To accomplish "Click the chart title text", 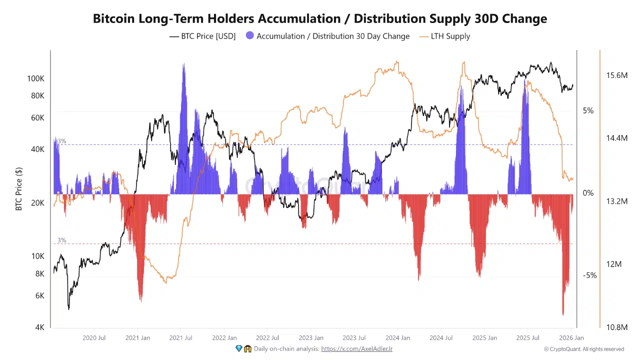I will click(x=320, y=19).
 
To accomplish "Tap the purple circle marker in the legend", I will click(x=250, y=36).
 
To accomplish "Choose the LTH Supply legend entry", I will click(x=450, y=36).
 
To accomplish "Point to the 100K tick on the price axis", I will click(x=35, y=79).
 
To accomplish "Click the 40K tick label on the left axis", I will click(x=37, y=149).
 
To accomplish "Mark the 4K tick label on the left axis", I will click(x=39, y=327).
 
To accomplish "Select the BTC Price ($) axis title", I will click(x=19, y=189).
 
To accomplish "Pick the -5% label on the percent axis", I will click(x=589, y=275).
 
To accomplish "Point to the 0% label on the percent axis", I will click(x=588, y=193).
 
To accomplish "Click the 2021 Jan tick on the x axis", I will click(x=137, y=338).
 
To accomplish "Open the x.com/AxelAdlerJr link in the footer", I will click(x=356, y=348).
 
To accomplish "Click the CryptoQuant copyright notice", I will click(x=583, y=349).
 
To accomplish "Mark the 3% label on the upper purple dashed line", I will click(x=61, y=141).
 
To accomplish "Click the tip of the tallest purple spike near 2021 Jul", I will click(x=183, y=64).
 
